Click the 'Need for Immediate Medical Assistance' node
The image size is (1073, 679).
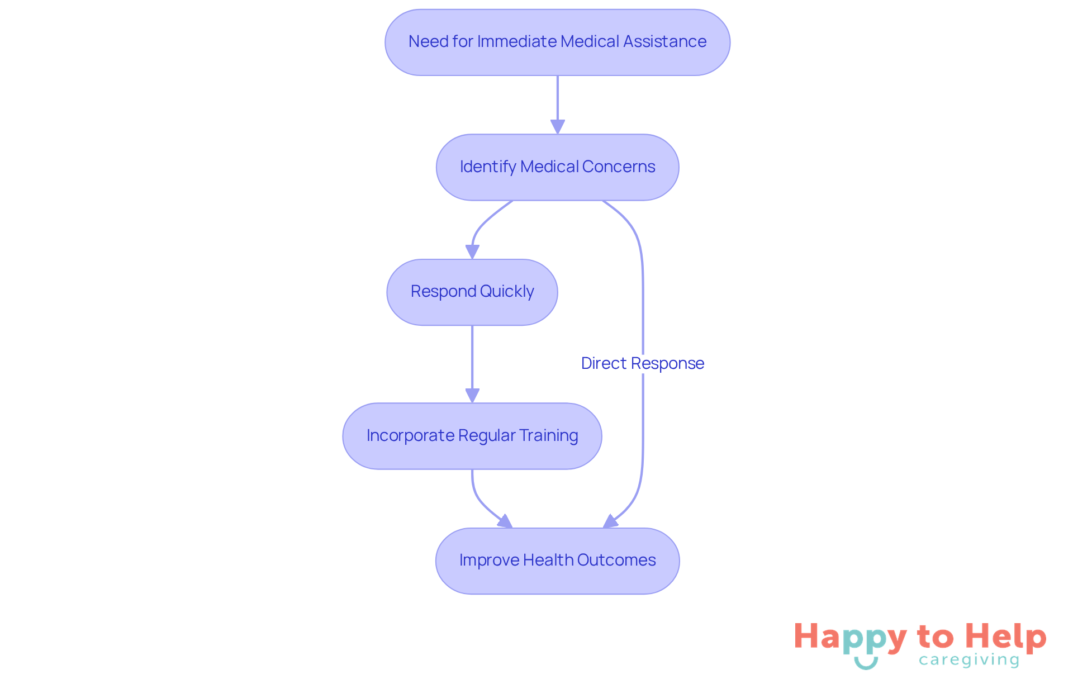coord(557,42)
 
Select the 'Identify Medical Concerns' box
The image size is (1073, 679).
coord(557,167)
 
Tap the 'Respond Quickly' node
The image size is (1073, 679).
coord(472,292)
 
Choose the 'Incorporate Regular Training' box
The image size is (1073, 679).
coord(472,436)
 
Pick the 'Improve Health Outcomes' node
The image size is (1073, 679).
coord(557,561)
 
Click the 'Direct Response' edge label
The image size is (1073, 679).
coord(642,363)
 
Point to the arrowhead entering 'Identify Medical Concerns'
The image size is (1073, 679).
coord(557,126)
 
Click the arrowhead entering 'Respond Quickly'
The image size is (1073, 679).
coord(472,251)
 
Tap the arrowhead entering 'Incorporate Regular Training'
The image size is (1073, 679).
coord(472,395)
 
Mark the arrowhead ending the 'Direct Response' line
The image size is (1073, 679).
coord(610,522)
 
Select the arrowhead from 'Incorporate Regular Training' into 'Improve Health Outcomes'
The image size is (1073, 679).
coord(505,522)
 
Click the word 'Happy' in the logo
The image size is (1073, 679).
coord(850,638)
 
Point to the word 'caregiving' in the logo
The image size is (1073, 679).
coord(969,660)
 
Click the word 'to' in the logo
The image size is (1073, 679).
coord(935,637)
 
